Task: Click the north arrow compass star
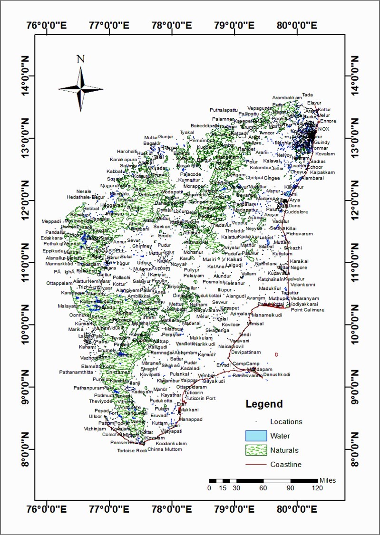81,88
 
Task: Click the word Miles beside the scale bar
328,480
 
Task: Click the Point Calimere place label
308,310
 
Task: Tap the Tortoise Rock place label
132,450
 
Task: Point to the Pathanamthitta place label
78,372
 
